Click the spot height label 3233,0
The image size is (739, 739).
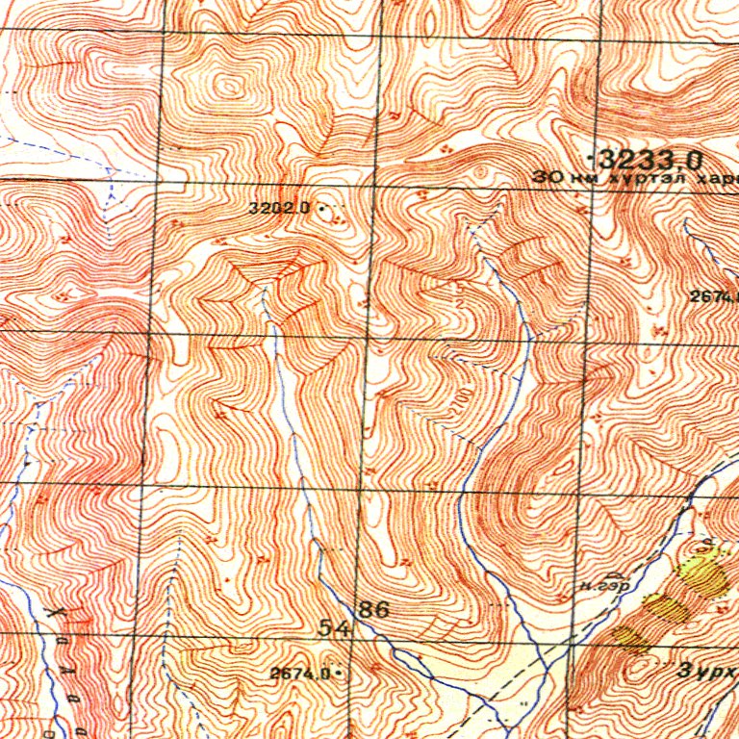[x=650, y=158]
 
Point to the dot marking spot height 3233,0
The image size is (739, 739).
[x=589, y=155]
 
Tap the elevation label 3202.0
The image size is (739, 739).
[x=277, y=207]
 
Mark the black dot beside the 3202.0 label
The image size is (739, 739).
[x=319, y=207]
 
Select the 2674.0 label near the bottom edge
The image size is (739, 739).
[x=300, y=675]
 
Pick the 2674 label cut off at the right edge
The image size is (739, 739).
[x=714, y=296]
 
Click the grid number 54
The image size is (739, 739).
[x=334, y=627]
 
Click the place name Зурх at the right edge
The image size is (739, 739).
[x=707, y=671]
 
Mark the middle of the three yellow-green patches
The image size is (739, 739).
[x=665, y=607]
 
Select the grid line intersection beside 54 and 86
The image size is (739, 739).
[x=355, y=636]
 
